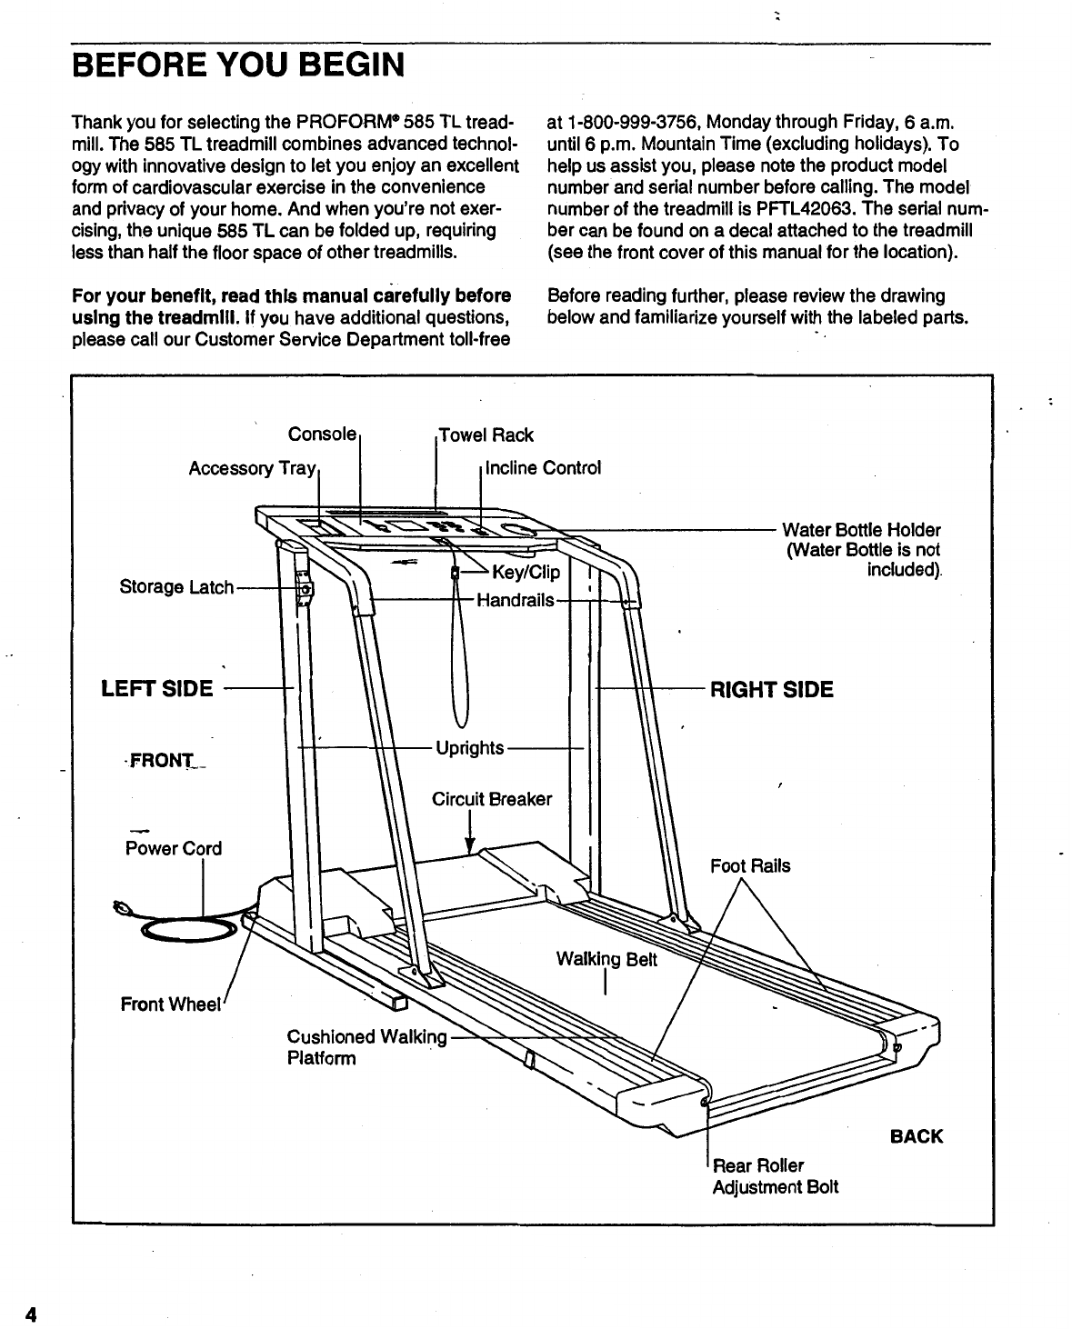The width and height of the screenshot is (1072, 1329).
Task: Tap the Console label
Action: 322,434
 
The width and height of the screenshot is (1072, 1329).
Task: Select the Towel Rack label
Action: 486,435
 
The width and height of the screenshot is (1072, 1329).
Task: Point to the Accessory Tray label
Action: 251,468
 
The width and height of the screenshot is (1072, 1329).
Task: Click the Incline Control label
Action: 544,468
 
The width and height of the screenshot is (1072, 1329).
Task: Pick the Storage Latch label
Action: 176,587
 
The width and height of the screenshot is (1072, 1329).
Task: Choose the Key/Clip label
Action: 526,574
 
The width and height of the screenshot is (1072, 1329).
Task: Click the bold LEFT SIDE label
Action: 156,688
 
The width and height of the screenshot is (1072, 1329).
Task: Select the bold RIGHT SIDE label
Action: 771,689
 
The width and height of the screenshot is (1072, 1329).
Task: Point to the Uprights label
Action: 469,748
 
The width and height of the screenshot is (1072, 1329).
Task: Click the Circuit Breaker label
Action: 491,799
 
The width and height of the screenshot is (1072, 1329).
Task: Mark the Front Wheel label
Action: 171,1004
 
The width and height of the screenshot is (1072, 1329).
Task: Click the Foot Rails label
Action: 750,865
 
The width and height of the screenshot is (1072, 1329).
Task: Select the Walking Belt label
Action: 606,959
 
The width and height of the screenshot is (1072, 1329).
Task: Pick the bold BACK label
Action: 917,1136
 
